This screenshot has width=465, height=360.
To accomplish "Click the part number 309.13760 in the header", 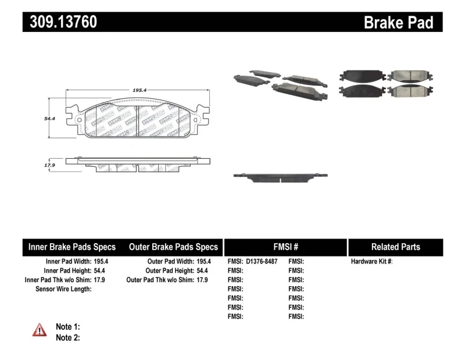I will (60, 22).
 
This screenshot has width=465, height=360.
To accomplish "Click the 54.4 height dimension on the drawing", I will (49, 119).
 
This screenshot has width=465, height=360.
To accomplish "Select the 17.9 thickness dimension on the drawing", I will (49, 165).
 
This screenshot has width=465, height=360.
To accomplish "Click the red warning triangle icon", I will (40, 330).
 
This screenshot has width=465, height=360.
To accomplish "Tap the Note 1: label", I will (67, 327).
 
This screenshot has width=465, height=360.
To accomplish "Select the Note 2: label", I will (67, 337).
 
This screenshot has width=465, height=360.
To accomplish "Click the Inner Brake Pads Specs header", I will (72, 247).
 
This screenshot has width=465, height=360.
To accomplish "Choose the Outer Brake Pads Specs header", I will (173, 247).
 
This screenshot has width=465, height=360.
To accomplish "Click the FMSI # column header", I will (285, 247).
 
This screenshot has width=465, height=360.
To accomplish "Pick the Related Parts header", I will (395, 247).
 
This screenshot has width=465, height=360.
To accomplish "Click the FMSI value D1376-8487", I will (262, 262).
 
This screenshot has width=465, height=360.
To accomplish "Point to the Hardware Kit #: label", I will (371, 262).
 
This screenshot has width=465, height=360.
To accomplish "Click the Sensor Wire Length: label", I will (63, 289).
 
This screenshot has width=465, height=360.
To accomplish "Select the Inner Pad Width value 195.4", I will (102, 262).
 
